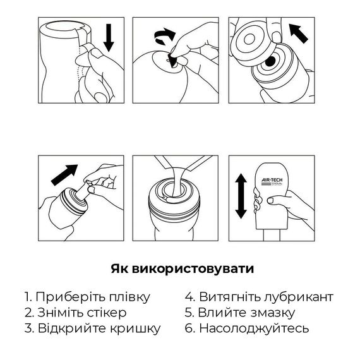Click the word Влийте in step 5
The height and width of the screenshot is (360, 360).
click(x=219, y=313)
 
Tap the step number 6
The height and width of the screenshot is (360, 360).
click(x=188, y=328)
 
